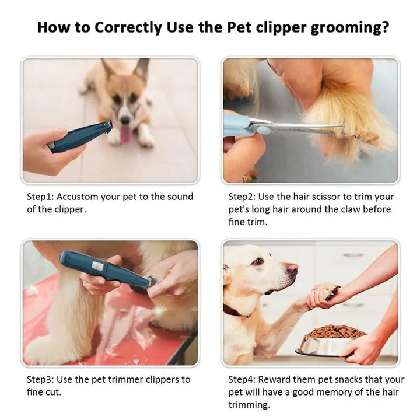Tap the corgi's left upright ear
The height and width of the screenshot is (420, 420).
(107, 69)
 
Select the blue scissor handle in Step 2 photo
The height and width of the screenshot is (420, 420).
(239, 124)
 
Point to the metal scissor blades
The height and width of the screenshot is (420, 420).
(292, 127)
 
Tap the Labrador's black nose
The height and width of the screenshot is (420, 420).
(292, 269)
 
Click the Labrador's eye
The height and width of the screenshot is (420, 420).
(258, 262)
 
